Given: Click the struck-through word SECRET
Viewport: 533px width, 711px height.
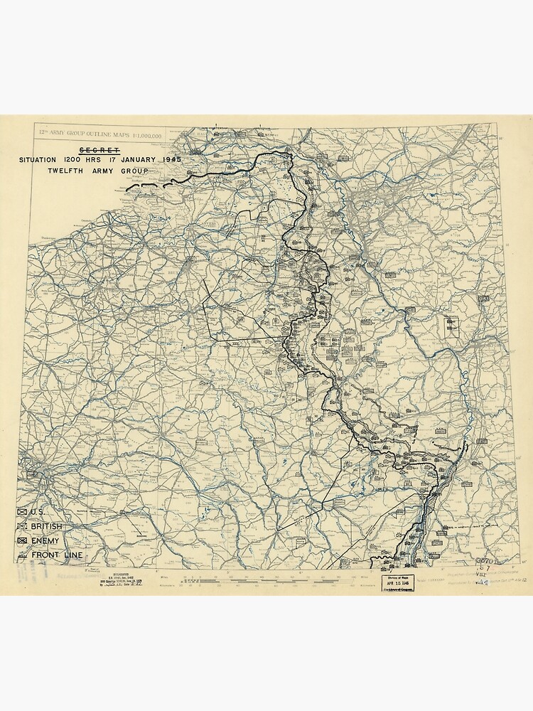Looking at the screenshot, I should pos(99,149).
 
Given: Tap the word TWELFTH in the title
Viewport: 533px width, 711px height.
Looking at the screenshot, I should pos(68,171).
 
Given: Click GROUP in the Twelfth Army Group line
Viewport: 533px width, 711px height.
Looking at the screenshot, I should pos(134,171).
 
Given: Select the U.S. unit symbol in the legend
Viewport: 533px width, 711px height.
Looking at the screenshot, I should pos(23,511).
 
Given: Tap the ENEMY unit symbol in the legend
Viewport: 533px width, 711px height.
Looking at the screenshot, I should pos(23,540).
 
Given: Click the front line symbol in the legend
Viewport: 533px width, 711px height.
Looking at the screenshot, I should pos(23,555).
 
